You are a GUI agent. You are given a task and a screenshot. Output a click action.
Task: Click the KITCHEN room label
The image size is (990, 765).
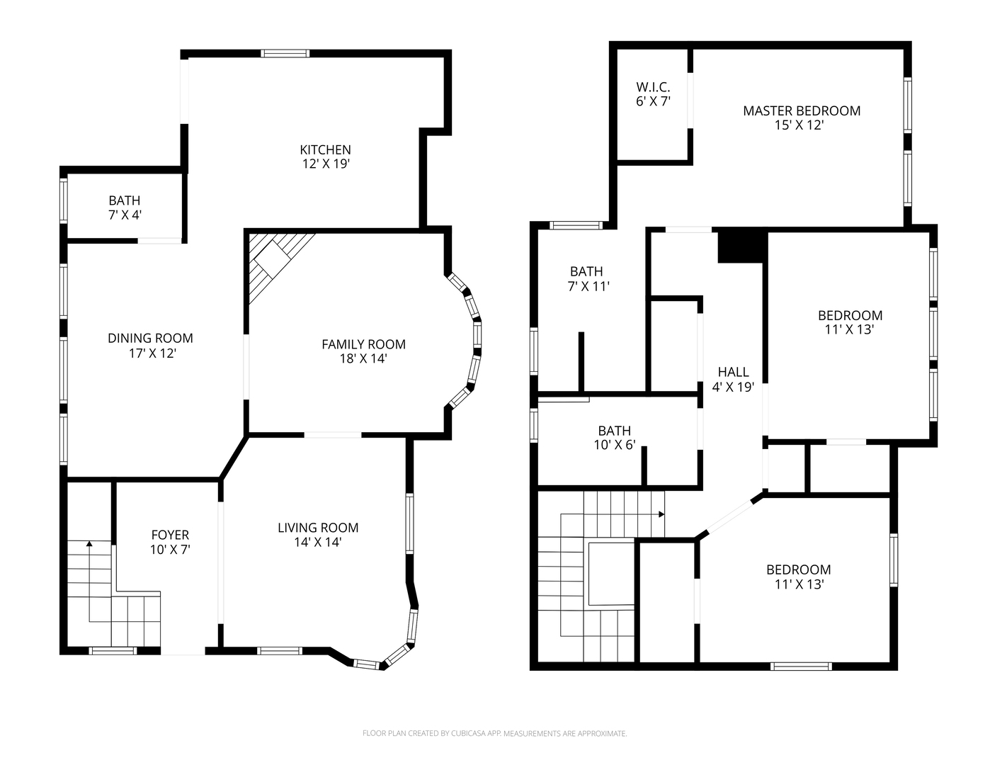(x=325, y=149)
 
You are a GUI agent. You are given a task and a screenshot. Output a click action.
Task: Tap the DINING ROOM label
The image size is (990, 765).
(x=150, y=338)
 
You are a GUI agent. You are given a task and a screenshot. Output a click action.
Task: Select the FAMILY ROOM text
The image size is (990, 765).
(x=363, y=344)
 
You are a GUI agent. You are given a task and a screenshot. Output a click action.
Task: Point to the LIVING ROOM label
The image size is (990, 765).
(x=318, y=528)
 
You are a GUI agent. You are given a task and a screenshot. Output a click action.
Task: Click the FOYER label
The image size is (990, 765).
(x=170, y=535)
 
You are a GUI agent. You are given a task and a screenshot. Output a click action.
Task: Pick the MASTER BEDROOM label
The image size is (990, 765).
(x=802, y=110)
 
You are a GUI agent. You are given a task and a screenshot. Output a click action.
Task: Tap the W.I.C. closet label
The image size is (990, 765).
(x=654, y=86)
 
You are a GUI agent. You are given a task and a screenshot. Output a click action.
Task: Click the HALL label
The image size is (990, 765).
(x=734, y=372)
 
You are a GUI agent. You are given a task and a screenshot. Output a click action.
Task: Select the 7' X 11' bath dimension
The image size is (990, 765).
(x=588, y=286)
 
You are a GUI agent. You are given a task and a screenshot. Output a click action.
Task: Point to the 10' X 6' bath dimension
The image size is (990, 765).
(x=615, y=445)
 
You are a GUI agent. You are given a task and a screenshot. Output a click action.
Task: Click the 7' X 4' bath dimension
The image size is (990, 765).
(x=125, y=215)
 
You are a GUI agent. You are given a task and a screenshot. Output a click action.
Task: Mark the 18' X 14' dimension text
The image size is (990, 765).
(x=363, y=358)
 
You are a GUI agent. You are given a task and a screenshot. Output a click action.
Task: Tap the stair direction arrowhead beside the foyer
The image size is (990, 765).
(x=89, y=543)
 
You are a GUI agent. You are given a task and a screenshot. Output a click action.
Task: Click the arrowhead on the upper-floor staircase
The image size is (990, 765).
(x=661, y=514)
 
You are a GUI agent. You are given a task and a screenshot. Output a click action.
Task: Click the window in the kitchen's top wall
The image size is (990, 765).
(x=285, y=53)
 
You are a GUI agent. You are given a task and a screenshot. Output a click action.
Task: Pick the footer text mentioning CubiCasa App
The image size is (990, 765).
(x=495, y=734)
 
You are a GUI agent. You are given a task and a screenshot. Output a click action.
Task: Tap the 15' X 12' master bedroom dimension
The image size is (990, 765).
(x=799, y=125)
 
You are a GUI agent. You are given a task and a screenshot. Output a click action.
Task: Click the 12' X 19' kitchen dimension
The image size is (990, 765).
(x=326, y=164)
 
